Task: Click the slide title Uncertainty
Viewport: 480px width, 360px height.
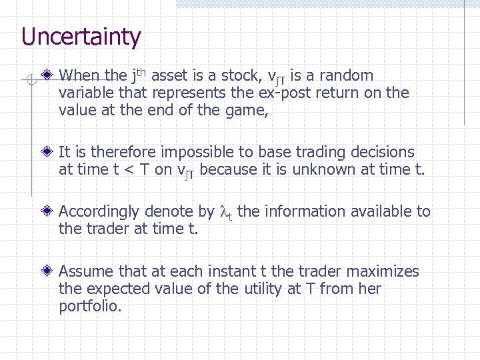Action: click(81, 37)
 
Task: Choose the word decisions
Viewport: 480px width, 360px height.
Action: click(382, 153)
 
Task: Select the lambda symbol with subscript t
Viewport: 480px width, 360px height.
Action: click(225, 213)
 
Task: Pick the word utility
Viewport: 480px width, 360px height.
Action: click(265, 289)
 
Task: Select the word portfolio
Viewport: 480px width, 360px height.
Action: click(89, 307)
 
